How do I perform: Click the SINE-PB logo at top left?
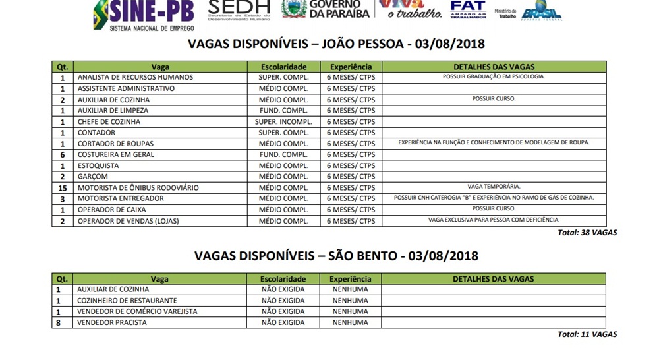(144, 15)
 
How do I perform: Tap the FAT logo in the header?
(468, 9)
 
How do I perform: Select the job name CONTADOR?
(96, 133)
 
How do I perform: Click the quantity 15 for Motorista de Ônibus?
(63, 188)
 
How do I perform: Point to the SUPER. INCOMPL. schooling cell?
(283, 122)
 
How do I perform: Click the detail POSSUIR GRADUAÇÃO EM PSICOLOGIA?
(494, 76)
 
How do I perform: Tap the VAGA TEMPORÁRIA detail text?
(494, 187)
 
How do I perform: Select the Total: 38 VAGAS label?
(587, 233)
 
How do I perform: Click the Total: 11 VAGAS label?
(587, 334)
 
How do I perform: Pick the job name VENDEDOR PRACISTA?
(112, 323)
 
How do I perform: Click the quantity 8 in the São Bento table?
(58, 323)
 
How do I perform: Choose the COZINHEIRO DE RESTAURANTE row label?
(127, 301)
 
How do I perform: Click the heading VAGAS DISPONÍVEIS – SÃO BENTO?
(336, 256)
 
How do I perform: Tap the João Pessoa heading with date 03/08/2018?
(336, 44)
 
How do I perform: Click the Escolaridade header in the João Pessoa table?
(283, 67)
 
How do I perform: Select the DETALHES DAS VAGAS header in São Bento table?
(493, 279)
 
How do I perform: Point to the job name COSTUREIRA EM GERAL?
(116, 155)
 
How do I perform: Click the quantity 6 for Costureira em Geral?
(63, 155)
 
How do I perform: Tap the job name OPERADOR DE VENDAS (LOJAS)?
(128, 221)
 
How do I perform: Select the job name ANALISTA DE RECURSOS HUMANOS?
(135, 77)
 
